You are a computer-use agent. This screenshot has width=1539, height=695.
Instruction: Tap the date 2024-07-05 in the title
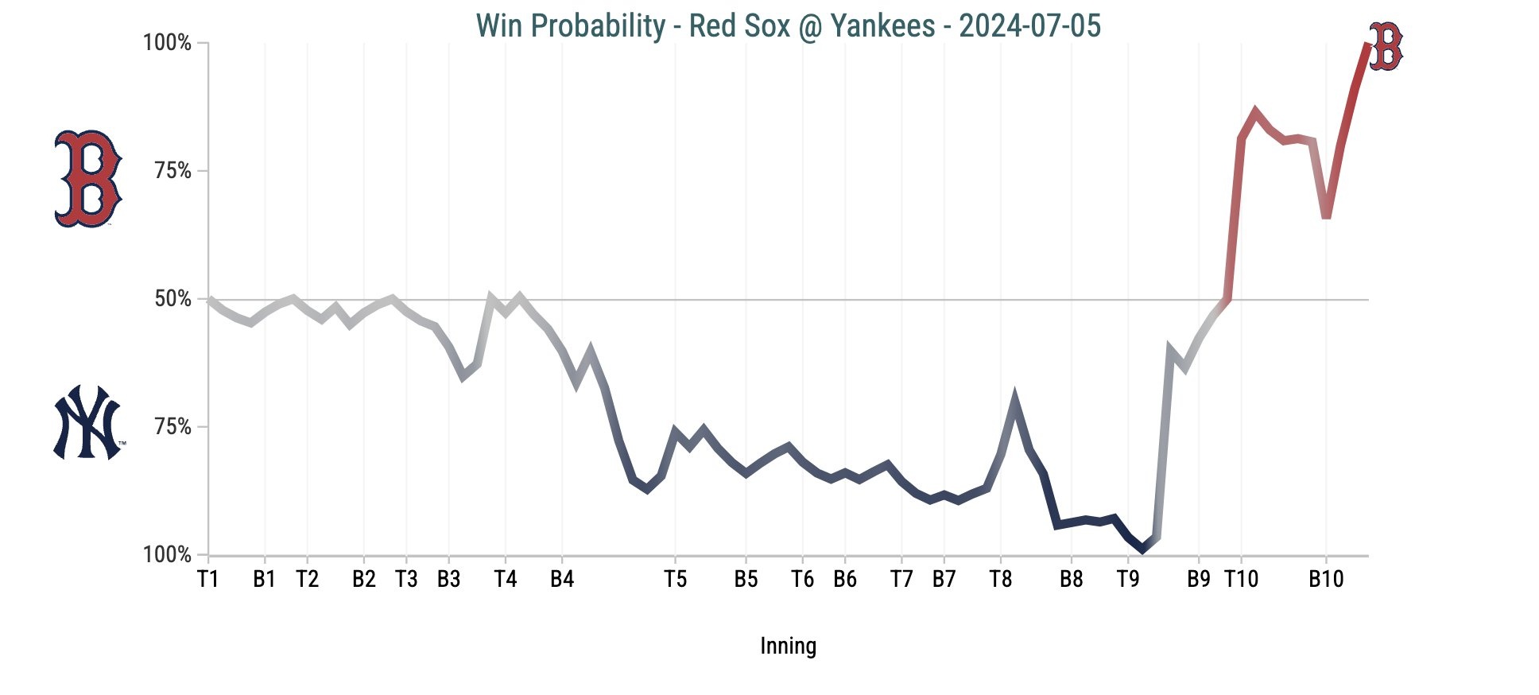pos(1029,25)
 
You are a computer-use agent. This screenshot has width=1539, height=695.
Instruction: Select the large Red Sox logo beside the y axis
pos(87,178)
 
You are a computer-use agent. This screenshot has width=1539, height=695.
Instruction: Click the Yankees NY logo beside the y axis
pos(88,423)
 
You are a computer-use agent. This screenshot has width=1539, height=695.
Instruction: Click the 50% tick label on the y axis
pos(173,299)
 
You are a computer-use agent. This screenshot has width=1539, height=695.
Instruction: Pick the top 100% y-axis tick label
pos(167,43)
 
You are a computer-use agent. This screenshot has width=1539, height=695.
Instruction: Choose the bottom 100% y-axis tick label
pos(167,555)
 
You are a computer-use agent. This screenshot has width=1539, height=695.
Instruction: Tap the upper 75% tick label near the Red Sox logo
pos(173,171)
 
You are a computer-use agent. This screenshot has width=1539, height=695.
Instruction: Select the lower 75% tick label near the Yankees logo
pos(173,427)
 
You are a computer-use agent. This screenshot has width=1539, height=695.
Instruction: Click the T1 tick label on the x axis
pos(207,579)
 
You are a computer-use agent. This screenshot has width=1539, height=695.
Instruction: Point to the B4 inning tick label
pos(562,579)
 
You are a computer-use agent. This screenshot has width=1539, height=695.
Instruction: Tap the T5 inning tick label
pos(675,579)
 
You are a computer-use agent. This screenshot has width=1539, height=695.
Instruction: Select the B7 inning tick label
pos(944,579)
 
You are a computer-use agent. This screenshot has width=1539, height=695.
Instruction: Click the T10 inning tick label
pos(1241,579)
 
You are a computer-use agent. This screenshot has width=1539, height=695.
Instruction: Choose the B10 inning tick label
pos(1326,579)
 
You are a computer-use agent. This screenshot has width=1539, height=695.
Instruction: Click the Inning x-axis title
pos(788,646)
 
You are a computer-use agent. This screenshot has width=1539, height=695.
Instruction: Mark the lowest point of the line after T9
pos(1142,549)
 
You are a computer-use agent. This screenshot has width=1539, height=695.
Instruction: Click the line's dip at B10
pos(1326,216)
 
